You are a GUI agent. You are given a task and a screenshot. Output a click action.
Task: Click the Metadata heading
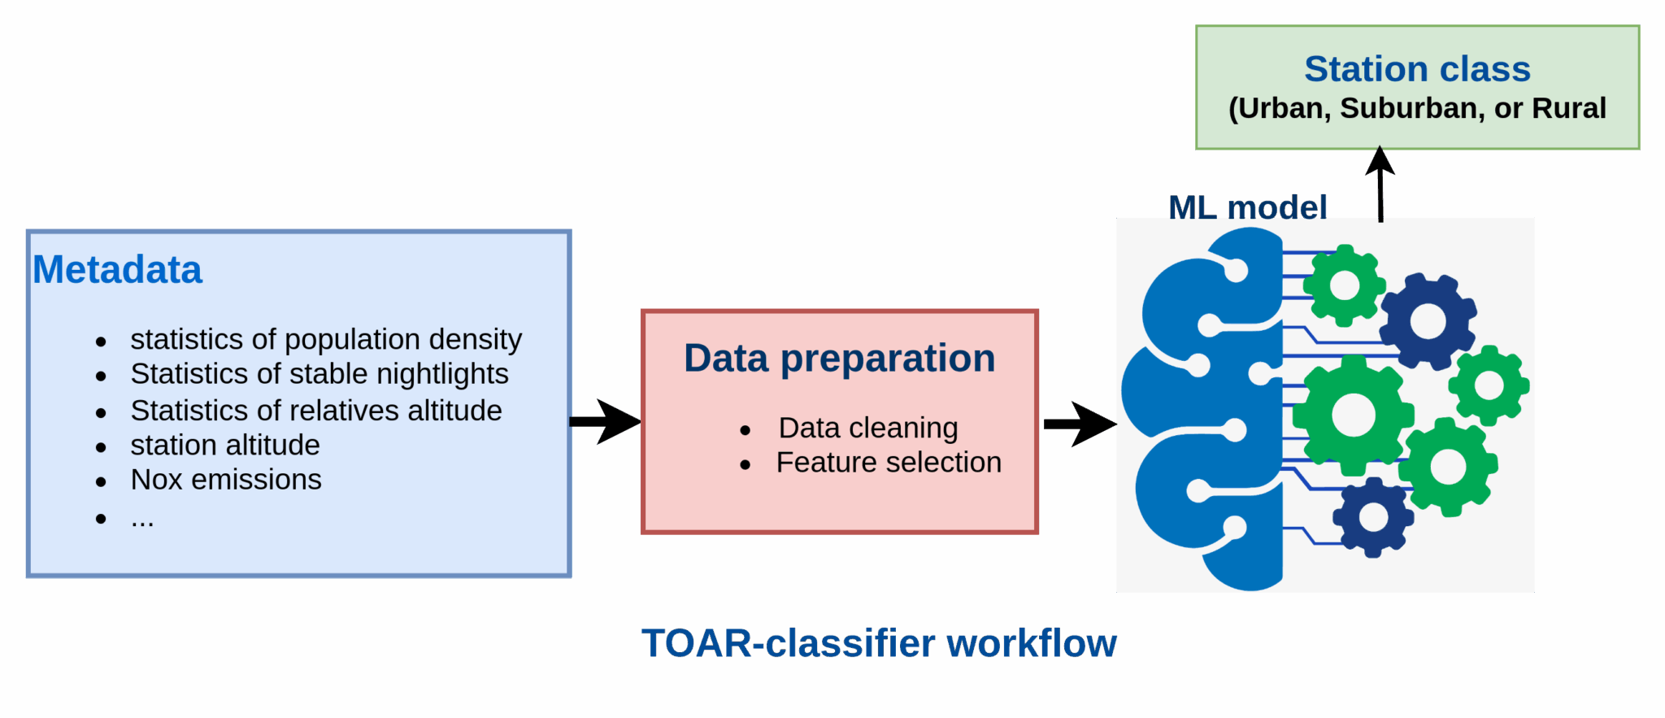point(117,270)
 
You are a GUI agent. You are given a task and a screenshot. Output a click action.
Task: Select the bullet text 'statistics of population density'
point(325,339)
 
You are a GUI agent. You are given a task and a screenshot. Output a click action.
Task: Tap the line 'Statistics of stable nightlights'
point(319,374)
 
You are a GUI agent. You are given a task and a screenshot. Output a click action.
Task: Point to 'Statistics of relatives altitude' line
point(315,411)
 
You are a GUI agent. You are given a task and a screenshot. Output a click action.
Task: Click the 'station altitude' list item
point(224,446)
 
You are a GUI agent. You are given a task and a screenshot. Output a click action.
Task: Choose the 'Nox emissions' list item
point(225,480)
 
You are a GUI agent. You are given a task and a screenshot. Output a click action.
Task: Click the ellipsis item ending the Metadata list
point(142,519)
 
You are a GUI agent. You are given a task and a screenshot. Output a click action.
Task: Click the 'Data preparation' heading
point(839,359)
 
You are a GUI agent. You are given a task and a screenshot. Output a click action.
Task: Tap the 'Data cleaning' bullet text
point(867,428)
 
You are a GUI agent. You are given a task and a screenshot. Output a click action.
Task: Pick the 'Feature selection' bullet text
point(888,463)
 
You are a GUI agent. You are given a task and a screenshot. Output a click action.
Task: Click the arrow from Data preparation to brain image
point(1078,424)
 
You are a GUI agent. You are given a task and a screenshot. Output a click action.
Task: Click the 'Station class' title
point(1417,69)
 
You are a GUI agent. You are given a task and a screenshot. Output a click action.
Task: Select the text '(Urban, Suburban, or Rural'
point(1417,109)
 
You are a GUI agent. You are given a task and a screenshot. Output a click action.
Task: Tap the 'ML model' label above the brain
point(1247,207)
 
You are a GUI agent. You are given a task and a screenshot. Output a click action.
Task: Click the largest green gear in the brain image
point(1353,416)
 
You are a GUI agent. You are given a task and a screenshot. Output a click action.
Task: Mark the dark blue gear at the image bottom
point(1373,517)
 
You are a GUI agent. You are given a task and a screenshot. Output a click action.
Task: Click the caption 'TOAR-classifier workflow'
point(879,643)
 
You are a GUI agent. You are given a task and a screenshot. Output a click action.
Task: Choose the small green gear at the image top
point(1344,285)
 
